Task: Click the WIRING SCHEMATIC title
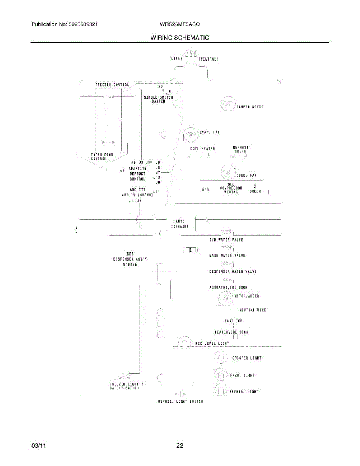(x=179, y=38)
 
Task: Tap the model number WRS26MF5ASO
(x=179, y=24)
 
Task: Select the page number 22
(x=179, y=446)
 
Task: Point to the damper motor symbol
(x=228, y=104)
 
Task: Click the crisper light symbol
(x=220, y=358)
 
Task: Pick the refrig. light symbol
(x=220, y=390)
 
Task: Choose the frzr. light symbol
(x=220, y=375)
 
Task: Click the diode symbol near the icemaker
(x=190, y=250)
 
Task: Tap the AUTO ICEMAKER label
(x=180, y=224)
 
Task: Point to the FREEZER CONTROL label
(x=112, y=85)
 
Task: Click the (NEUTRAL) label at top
(x=209, y=59)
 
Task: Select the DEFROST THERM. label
(x=240, y=149)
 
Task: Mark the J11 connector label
(x=157, y=191)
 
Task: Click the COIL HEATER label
(x=202, y=148)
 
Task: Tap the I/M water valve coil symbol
(x=227, y=233)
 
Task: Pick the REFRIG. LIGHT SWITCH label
(x=180, y=401)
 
